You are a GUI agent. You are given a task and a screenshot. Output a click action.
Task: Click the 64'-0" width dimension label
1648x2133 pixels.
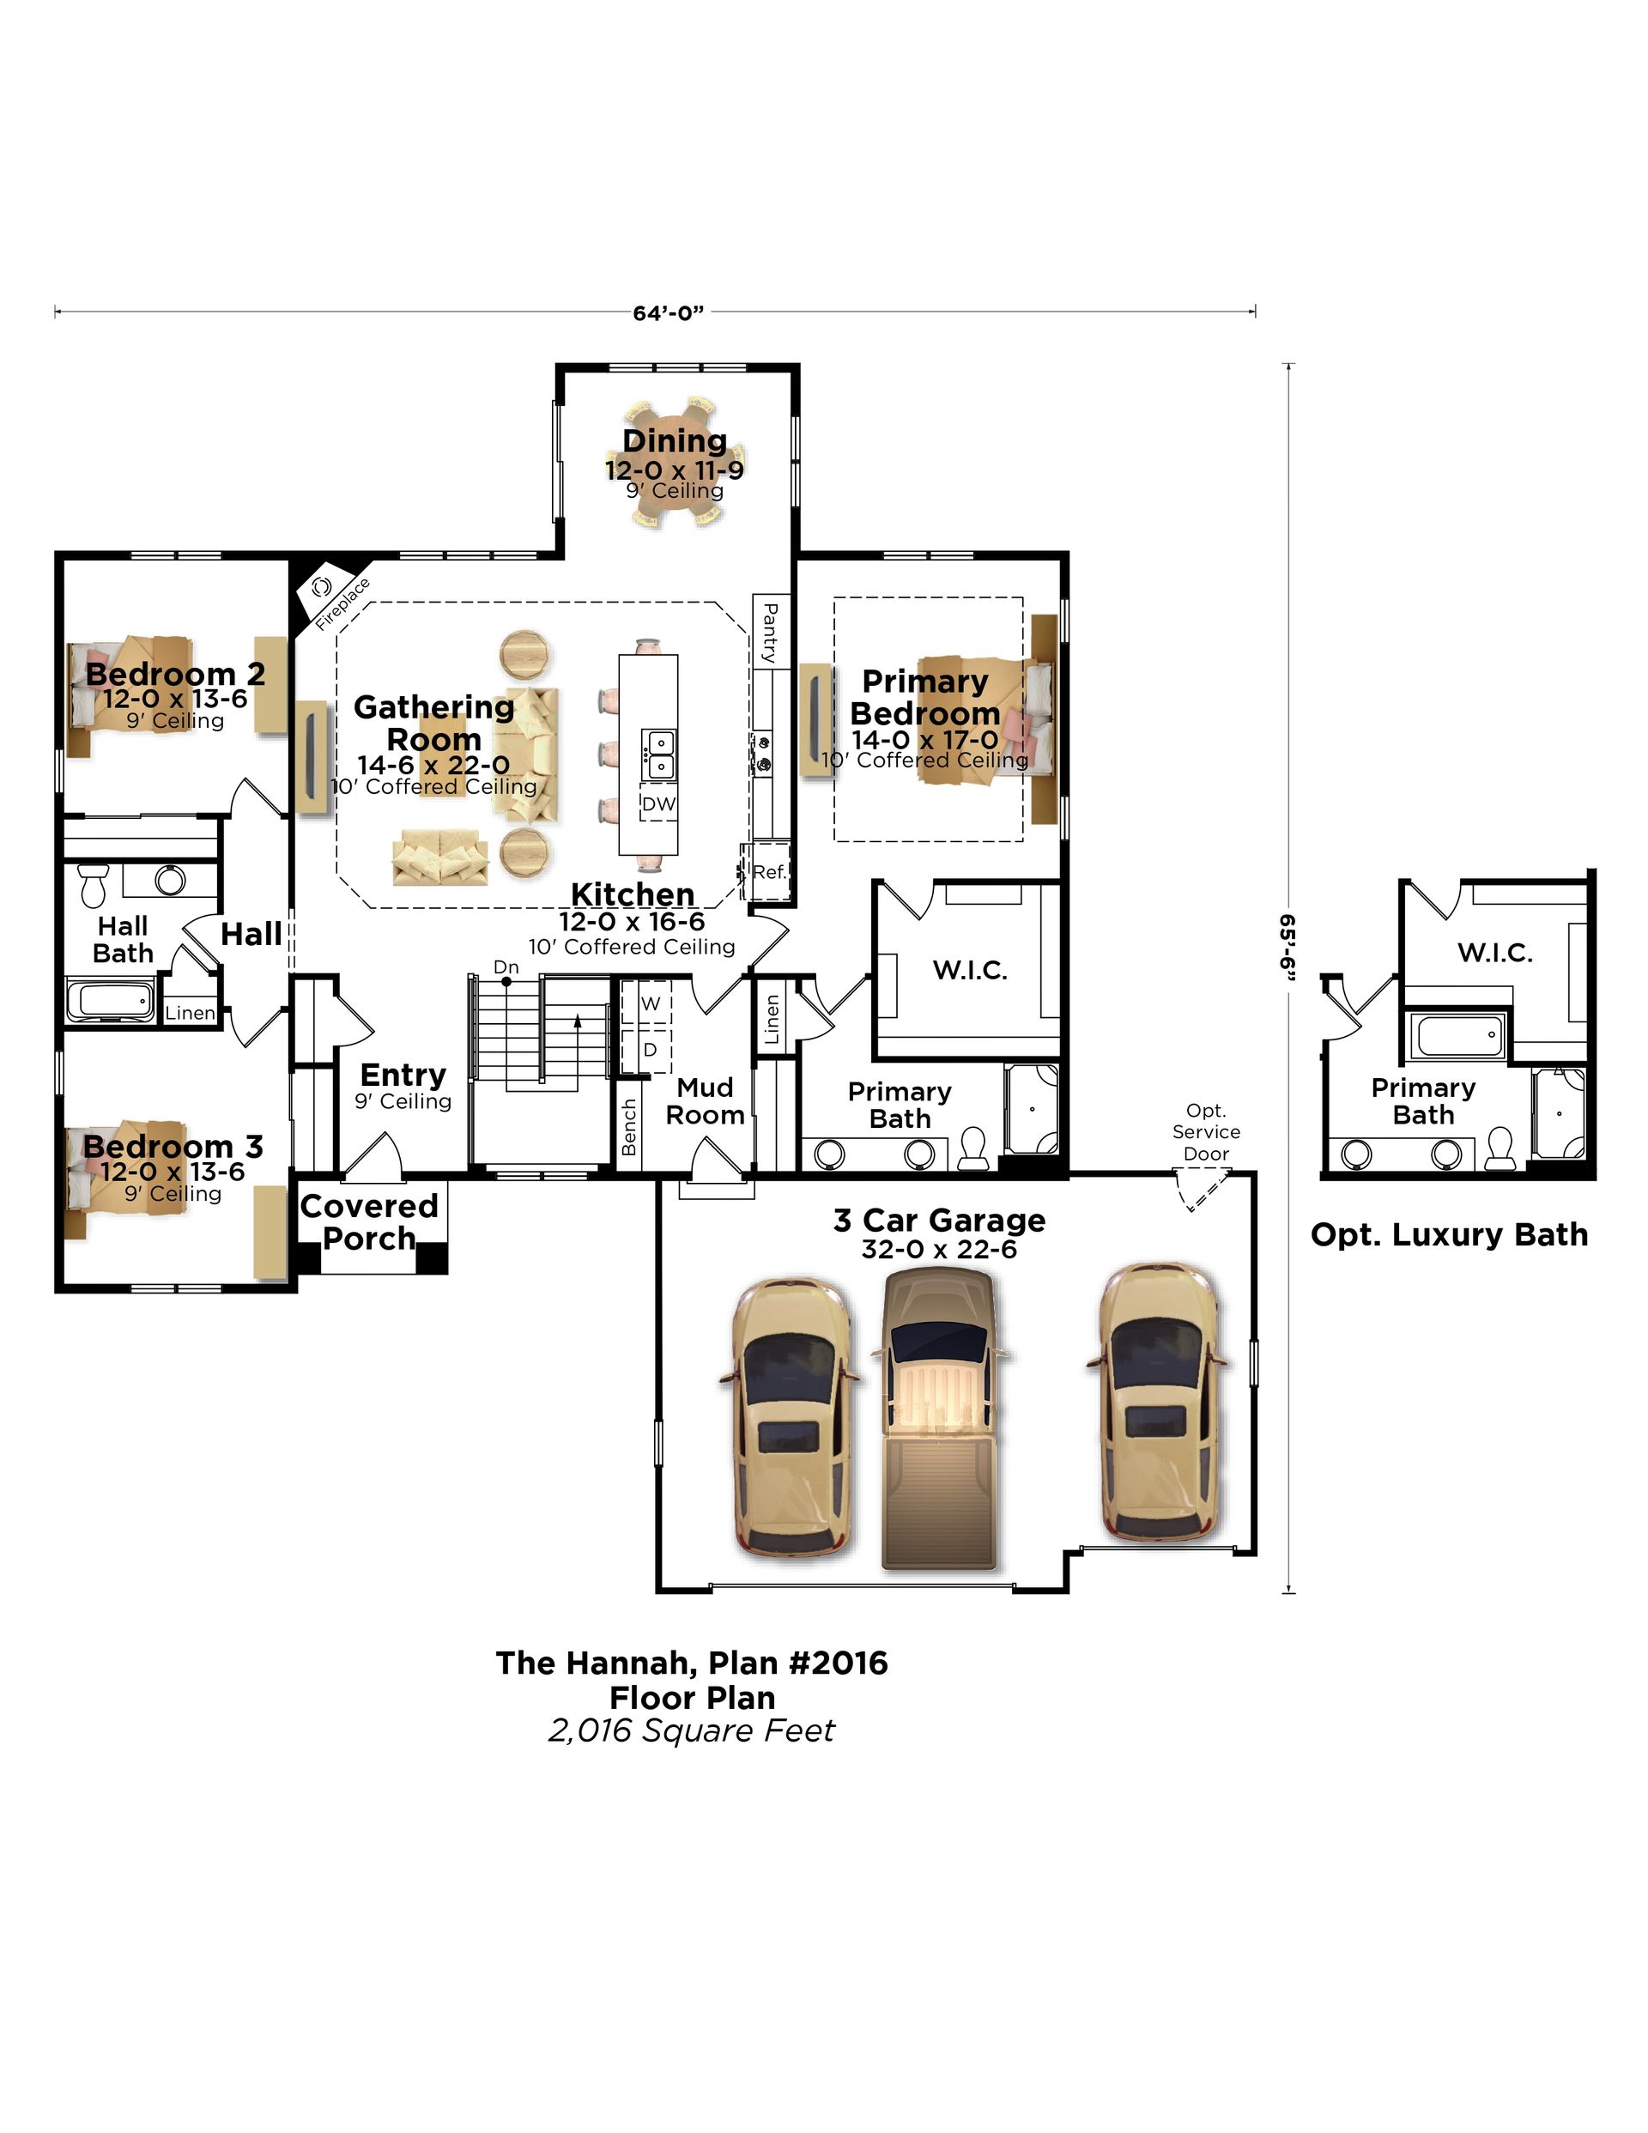(668, 312)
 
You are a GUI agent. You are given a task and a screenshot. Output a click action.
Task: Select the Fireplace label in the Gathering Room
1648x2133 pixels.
(342, 603)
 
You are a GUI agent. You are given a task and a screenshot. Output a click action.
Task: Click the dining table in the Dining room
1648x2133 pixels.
(675, 463)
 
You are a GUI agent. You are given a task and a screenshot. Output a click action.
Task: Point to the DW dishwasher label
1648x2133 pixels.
(658, 803)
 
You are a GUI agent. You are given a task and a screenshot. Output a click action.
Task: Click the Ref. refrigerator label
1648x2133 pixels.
(770, 872)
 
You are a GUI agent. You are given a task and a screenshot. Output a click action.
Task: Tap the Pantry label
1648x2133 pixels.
(770, 633)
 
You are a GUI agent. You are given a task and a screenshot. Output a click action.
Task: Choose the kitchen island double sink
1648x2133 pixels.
(659, 754)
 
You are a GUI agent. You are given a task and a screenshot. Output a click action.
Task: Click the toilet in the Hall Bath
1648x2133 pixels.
(93, 884)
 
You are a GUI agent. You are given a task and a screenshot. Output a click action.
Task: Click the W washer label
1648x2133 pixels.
(651, 1003)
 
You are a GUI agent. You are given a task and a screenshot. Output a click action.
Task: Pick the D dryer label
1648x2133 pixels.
(651, 1050)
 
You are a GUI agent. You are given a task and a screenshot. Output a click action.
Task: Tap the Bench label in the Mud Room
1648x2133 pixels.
(629, 1127)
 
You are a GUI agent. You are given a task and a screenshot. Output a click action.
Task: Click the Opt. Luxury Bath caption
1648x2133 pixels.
(1449, 1234)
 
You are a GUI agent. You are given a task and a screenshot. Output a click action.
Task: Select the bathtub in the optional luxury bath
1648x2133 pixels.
(1456, 1036)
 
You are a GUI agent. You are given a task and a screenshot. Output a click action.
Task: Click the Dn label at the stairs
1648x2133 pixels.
(506, 967)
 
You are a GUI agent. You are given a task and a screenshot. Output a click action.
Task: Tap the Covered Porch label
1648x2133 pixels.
(368, 1221)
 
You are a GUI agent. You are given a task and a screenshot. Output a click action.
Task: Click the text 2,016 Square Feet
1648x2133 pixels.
(692, 1730)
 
